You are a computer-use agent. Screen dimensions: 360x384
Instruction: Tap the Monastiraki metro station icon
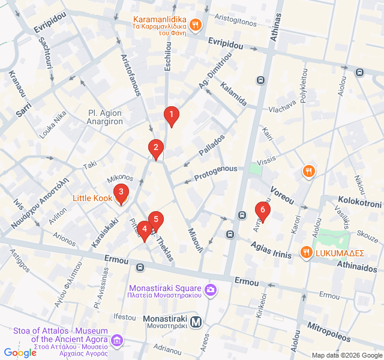[x=195, y=322]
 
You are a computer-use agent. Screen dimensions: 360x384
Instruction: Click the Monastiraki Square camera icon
[x=211, y=291]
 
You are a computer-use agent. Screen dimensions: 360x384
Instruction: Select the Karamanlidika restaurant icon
[x=195, y=25]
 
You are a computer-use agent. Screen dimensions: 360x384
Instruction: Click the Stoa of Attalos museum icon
[x=117, y=341]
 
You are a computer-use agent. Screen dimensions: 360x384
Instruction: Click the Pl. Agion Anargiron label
[x=105, y=117]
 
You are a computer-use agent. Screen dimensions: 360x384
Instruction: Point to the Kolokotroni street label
[x=359, y=203]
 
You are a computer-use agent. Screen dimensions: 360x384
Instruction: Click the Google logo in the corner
[x=20, y=353]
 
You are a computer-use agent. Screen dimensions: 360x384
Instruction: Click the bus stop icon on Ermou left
[x=140, y=267]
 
